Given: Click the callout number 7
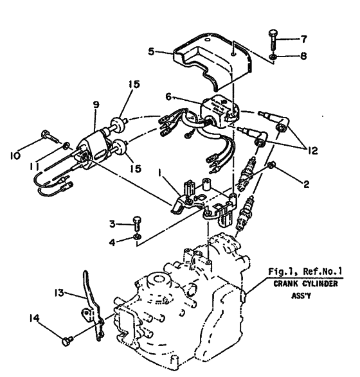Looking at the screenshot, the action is tap(303, 39).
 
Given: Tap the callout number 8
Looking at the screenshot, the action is tap(303, 57).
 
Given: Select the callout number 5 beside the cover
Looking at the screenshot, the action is tap(151, 51).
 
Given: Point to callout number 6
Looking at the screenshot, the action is tap(168, 97).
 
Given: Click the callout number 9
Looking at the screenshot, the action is tap(96, 105).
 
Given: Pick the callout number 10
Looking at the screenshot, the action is tap(15, 156).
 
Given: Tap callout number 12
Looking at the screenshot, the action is tap(312, 151).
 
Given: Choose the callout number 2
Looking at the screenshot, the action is tap(306, 185).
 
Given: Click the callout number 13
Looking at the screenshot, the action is tap(59, 293).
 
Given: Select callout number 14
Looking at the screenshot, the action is tap(34, 318).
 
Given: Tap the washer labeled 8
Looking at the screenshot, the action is tap(273, 57).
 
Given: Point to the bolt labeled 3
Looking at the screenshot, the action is tap(137, 224).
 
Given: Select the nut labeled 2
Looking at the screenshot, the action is tap(271, 165).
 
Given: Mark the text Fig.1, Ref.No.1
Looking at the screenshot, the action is tap(305, 272).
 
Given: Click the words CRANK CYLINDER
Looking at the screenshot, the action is tap(305, 284).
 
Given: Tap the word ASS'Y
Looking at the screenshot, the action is tap(301, 295).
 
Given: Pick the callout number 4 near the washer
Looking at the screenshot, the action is tap(112, 242).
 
